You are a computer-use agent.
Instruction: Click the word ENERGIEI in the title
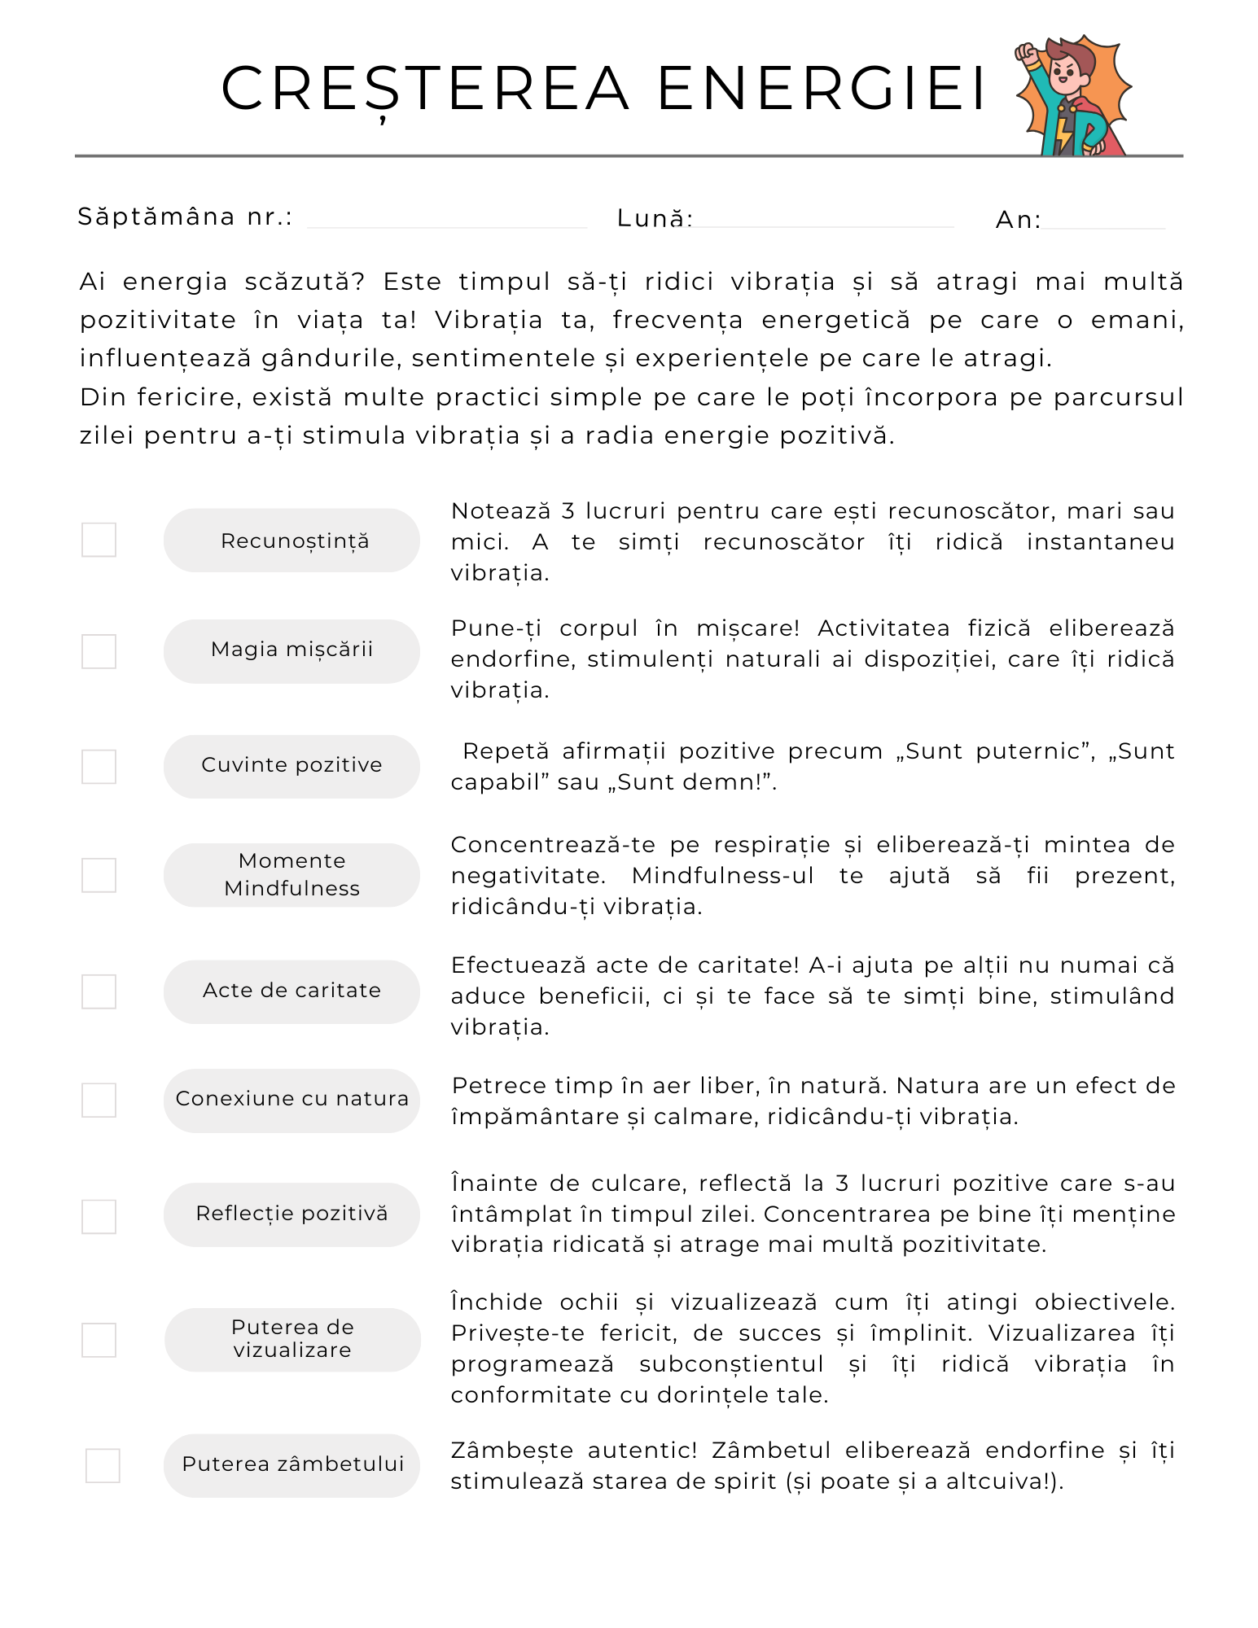pos(822,89)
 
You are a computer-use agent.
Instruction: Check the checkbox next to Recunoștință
pos(99,540)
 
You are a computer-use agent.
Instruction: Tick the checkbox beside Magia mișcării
pos(99,651)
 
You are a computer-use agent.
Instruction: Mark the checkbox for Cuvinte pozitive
pos(99,767)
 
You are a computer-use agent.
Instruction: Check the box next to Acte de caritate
pos(99,991)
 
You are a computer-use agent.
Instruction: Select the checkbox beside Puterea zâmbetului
pos(103,1465)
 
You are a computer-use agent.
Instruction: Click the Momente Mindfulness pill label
pos(291,875)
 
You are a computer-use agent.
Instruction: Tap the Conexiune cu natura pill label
pos(291,1100)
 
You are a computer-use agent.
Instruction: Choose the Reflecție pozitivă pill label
pos(291,1214)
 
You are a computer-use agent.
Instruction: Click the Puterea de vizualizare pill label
pos(292,1339)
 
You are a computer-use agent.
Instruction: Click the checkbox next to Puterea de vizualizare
pos(99,1340)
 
